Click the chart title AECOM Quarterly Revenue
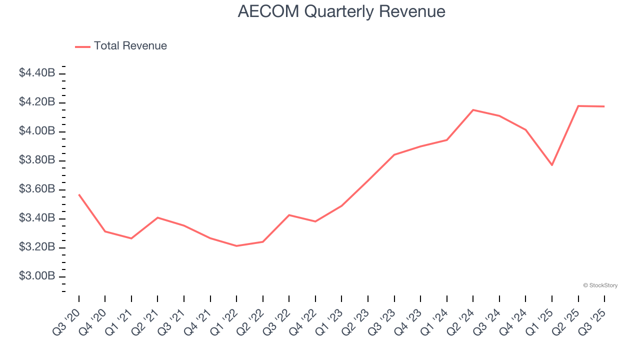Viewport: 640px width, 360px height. click(x=341, y=11)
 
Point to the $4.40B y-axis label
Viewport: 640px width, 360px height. click(x=37, y=73)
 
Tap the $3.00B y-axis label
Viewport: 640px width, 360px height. click(x=37, y=276)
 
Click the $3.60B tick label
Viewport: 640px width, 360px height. click(x=37, y=189)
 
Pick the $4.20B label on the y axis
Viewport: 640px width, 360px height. click(x=37, y=102)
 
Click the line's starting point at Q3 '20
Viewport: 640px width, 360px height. click(x=79, y=194)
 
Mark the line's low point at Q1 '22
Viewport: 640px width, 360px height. click(x=236, y=246)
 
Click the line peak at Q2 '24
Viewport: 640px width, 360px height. click(x=473, y=110)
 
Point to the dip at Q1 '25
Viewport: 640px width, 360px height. click(x=552, y=165)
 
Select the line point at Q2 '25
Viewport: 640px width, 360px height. click(x=578, y=106)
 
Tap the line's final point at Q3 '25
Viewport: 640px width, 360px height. click(x=604, y=106)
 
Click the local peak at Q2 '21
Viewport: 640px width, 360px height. click(x=157, y=217)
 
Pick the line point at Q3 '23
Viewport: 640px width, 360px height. click(x=394, y=155)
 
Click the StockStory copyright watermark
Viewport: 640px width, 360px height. click(x=600, y=285)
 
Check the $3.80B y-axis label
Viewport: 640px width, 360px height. click(x=37, y=160)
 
